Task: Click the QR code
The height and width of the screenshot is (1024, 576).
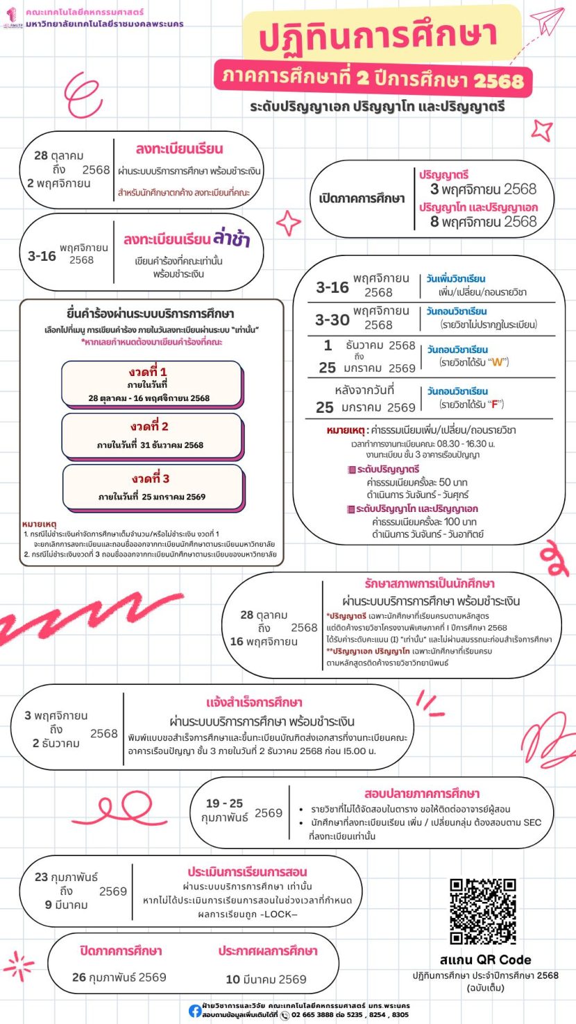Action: click(x=483, y=911)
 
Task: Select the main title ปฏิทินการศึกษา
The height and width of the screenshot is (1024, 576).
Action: click(x=379, y=37)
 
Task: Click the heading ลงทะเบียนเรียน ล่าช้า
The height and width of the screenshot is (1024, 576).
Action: click(x=187, y=240)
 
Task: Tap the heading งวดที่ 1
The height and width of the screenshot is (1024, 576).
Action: click(x=153, y=372)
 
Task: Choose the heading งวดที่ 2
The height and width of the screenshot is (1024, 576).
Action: click(x=153, y=426)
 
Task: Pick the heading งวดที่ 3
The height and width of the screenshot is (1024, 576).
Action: click(x=153, y=478)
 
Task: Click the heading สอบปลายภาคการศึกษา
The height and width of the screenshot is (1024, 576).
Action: click(x=422, y=794)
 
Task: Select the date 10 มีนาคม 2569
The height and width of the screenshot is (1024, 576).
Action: click(x=266, y=979)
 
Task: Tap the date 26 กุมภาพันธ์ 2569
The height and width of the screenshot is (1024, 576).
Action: click(x=119, y=978)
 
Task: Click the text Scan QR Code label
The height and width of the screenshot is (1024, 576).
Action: click(x=485, y=960)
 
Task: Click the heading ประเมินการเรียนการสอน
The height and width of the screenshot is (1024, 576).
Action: click(x=247, y=871)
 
